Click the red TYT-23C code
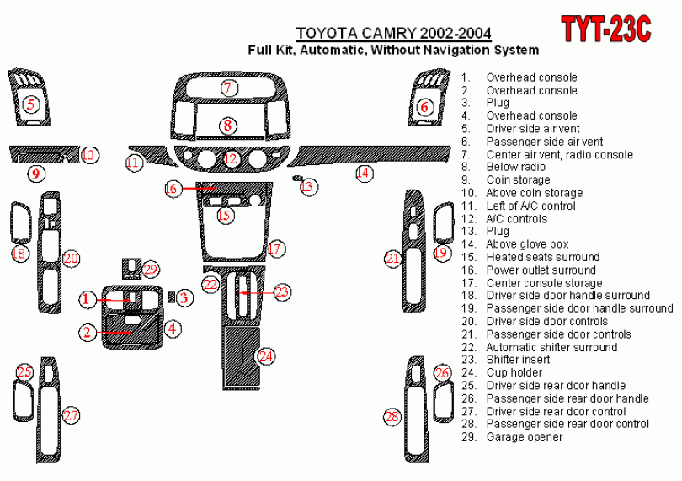pos(606,29)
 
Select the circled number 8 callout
pos(226,126)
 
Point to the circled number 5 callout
pos(31,104)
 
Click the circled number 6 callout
pos(424,107)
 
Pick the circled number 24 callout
pos(266,356)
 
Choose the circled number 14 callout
pos(363,173)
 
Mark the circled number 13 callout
pos(308,186)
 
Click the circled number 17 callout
pos(276,249)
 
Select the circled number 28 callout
pos(392,416)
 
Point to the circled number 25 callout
pos(24,371)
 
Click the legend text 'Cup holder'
pos(514,372)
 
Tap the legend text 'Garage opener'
pos(521,436)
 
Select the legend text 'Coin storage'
pos(518,179)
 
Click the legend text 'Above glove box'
pos(527,244)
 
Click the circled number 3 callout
pos(184,297)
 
